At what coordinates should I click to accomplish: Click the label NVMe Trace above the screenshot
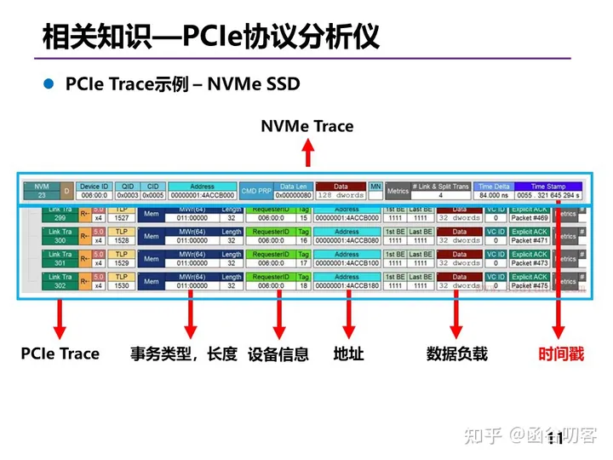(306, 126)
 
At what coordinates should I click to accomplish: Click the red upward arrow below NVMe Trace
(308, 152)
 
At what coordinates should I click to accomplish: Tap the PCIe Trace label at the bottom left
(60, 354)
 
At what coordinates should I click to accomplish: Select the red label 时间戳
(560, 354)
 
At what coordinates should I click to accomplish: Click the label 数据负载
(457, 354)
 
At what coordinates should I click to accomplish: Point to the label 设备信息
(278, 354)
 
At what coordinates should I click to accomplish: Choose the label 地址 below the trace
(349, 354)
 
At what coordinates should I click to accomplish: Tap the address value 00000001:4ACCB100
(347, 263)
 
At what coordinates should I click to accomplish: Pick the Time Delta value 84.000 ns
(493, 195)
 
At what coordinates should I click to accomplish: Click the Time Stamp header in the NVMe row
(548, 186)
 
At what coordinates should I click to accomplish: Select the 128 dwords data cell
(341, 195)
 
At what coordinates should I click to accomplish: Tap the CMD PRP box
(255, 191)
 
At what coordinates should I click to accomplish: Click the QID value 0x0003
(127, 195)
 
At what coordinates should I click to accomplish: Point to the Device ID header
(94, 186)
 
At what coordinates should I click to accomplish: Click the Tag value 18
(304, 285)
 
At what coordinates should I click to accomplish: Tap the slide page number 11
(554, 438)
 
